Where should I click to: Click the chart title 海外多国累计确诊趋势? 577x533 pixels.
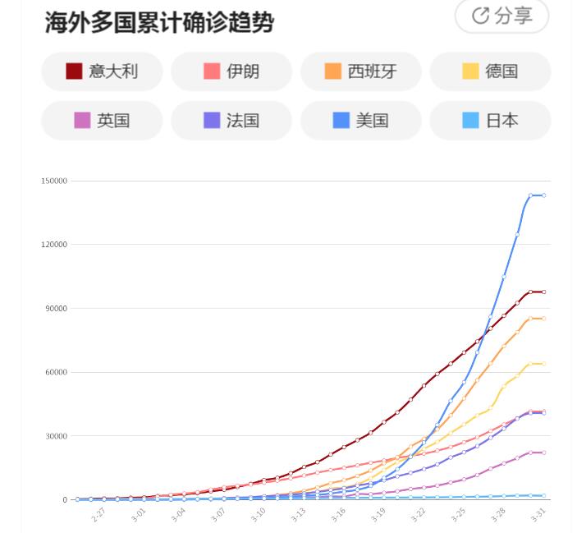click(159, 22)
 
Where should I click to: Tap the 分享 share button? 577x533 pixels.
click(501, 15)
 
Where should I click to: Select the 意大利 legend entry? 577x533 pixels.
click(102, 71)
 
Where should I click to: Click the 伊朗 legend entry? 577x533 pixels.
click(231, 71)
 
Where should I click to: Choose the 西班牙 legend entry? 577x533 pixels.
click(361, 71)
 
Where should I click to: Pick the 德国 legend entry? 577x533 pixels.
click(490, 71)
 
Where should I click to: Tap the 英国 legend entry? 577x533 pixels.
click(102, 121)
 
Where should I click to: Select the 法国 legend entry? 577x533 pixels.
click(231, 121)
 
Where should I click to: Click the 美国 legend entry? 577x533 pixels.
click(361, 121)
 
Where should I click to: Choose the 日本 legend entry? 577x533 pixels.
click(490, 121)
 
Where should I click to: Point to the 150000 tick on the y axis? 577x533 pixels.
click(54, 181)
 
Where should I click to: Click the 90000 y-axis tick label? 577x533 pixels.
click(57, 309)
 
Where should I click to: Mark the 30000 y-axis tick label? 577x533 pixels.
click(57, 436)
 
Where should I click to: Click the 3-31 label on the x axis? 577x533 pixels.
click(538, 515)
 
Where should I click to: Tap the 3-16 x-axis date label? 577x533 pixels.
click(337, 515)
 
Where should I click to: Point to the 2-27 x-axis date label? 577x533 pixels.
click(98, 515)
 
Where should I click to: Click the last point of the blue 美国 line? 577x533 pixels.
click(543, 195)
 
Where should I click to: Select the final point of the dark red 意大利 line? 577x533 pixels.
click(543, 292)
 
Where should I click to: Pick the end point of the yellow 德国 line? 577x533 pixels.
click(543, 364)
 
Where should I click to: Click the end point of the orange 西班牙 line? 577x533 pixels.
click(543, 319)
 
